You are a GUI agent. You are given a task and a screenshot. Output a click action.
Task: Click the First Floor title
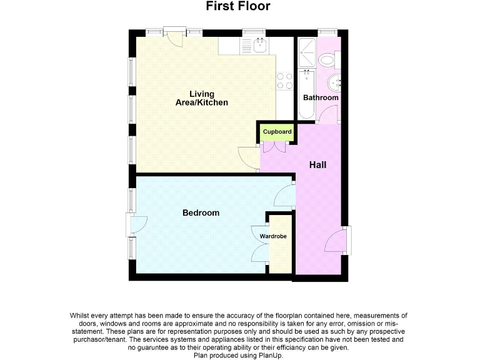(239, 7)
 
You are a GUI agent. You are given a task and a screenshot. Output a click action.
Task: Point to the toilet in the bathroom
(327, 59)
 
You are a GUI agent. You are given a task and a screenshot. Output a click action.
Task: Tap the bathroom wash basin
(334, 81)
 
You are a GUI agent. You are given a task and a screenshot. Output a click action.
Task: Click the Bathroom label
(321, 97)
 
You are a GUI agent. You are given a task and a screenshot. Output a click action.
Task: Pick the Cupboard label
(277, 132)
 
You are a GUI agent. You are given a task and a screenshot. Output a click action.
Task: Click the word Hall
(317, 165)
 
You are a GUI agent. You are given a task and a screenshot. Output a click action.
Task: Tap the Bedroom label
(201, 213)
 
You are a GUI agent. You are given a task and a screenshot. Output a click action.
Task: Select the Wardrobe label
(273, 236)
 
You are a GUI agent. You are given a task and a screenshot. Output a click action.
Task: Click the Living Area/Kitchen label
(201, 99)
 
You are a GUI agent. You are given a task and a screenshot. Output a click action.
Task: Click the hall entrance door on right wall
(336, 241)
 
